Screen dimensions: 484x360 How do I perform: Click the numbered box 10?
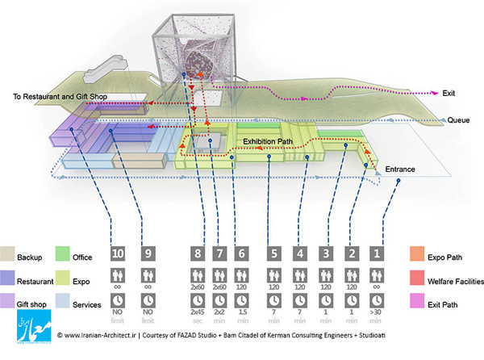point(118,253)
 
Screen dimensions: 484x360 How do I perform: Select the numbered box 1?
point(377,253)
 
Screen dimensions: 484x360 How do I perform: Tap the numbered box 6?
point(241,253)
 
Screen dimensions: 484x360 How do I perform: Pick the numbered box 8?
point(198,253)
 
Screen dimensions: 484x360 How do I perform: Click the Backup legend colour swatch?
point(7,253)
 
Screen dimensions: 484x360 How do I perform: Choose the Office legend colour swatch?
point(62,253)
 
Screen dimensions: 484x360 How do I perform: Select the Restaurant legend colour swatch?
point(7,278)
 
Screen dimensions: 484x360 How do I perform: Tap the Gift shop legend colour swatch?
point(7,301)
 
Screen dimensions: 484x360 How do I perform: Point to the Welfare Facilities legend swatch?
point(417,278)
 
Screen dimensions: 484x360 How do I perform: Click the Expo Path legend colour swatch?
point(417,253)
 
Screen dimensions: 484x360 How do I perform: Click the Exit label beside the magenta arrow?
point(449,94)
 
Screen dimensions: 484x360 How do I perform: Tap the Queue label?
point(458,120)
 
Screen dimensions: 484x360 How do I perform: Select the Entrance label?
point(400,170)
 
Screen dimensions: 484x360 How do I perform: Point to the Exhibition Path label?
point(268,142)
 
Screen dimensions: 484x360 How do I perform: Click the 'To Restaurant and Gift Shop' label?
point(60,97)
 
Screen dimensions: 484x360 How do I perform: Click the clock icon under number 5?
point(274,300)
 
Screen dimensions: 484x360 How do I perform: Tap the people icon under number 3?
point(326,275)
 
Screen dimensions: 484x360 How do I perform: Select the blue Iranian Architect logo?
point(34,326)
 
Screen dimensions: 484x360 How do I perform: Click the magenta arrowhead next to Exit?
point(435,93)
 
